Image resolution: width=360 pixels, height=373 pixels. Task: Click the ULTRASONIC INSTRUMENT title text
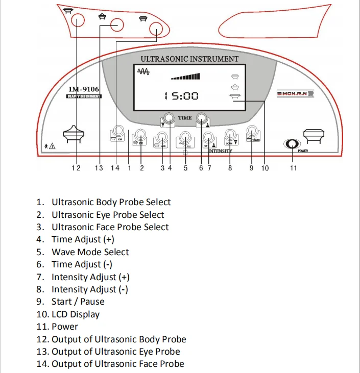189,59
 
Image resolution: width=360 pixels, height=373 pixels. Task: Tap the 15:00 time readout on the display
181,96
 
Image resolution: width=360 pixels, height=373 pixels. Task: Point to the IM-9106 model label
84,90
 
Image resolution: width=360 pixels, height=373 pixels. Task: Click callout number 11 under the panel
294,168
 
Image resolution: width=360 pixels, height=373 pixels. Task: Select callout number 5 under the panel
186,168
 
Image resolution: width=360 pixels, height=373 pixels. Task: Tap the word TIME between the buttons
185,118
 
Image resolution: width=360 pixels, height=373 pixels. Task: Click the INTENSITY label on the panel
220,151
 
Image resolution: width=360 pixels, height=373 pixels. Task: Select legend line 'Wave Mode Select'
90,252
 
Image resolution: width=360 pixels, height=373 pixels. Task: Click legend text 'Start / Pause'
78,302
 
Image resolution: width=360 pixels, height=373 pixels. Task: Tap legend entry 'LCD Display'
75,314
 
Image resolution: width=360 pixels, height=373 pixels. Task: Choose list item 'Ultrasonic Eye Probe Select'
108,215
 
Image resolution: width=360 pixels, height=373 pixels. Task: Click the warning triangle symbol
53,147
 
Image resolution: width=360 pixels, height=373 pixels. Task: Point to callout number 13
99,168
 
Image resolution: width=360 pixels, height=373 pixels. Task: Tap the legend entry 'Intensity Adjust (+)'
90,277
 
